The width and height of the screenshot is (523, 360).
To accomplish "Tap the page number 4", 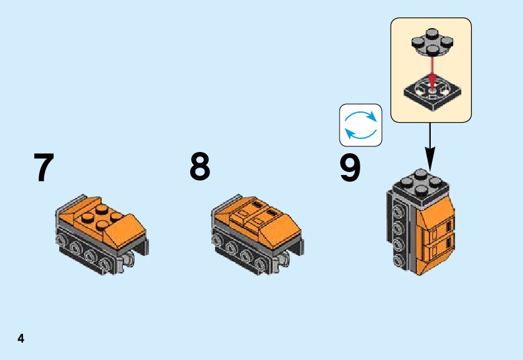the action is click(21, 339).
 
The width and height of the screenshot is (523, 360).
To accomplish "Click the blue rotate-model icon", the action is click(360, 125).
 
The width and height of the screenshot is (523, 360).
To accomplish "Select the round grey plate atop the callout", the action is click(430, 44).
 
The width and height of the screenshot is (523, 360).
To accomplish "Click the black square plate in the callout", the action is click(430, 90).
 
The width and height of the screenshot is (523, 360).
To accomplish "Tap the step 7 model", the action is click(101, 234).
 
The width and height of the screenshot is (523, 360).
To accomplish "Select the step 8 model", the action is click(257, 234).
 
